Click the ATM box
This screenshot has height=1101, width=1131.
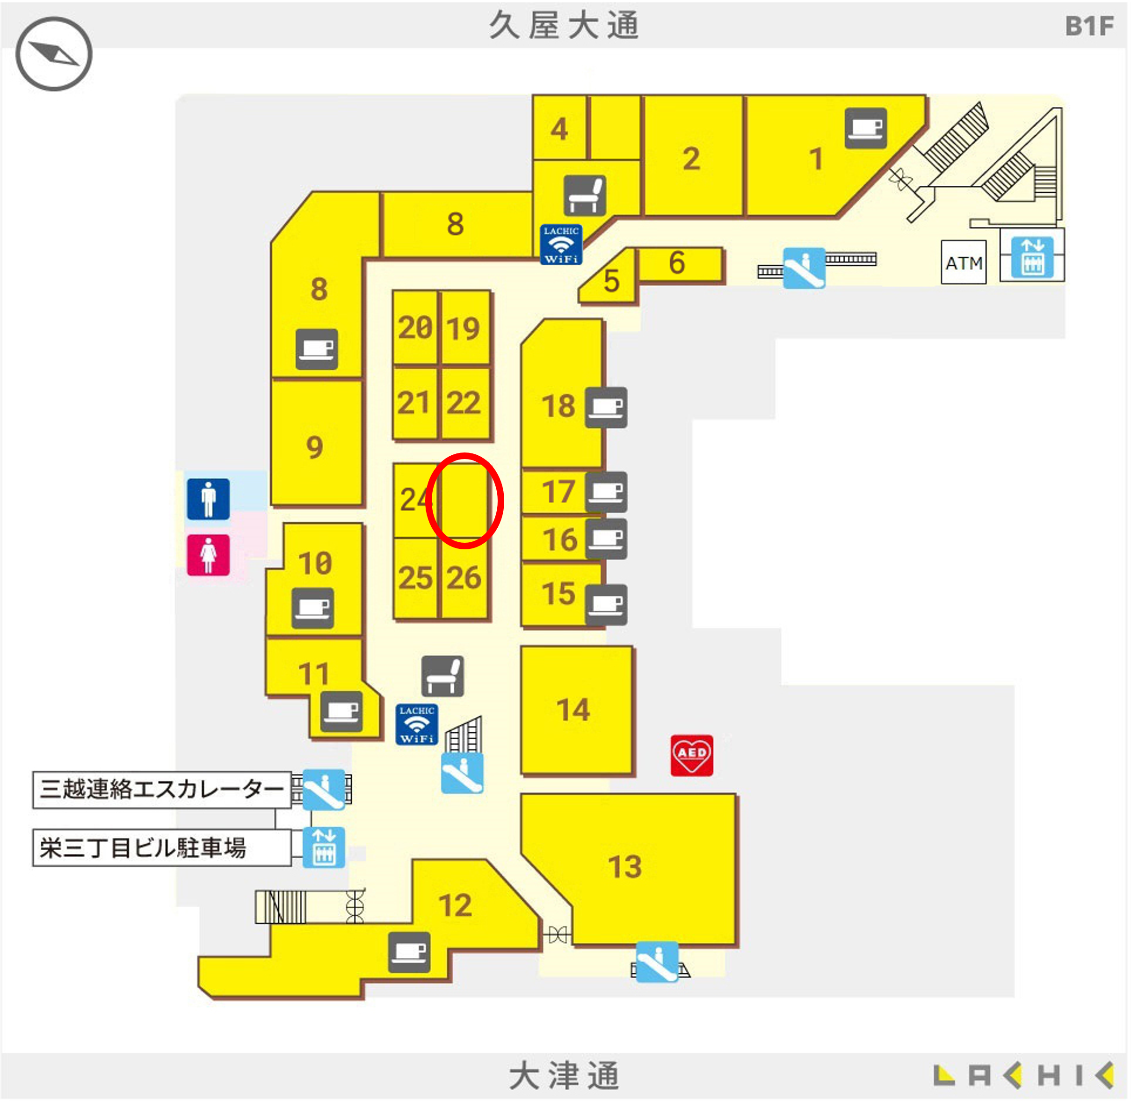pos(964,263)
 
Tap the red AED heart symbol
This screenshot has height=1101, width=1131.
pos(692,755)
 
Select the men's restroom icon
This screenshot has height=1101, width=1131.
pos(208,498)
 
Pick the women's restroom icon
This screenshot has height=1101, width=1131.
pos(208,554)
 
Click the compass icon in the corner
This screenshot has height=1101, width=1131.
pos(54,54)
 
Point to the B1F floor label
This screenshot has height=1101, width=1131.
pos(1089,26)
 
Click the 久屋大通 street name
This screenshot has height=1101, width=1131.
pos(564,26)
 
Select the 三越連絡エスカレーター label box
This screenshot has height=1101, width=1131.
pos(162,789)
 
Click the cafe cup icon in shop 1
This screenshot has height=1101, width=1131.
pos(865,128)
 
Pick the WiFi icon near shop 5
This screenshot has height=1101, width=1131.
pos(560,245)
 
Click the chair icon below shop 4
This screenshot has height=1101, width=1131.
pos(585,196)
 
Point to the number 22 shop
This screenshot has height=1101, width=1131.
pos(464,402)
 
